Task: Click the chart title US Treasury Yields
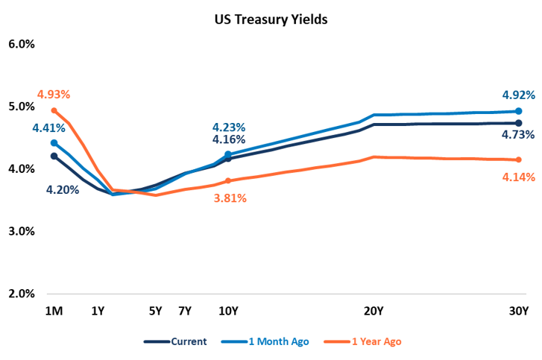271,20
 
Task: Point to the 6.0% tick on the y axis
22,44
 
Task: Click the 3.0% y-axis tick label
22,231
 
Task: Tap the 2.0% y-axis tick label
22,294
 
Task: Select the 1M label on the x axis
53,312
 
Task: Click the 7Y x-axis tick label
185,312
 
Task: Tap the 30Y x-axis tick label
517,312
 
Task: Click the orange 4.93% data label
53,95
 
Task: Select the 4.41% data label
48,128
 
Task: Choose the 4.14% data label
516,177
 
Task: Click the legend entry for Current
176,341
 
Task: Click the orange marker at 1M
54,110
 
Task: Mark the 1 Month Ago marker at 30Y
517,111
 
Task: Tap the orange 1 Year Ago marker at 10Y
228,181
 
